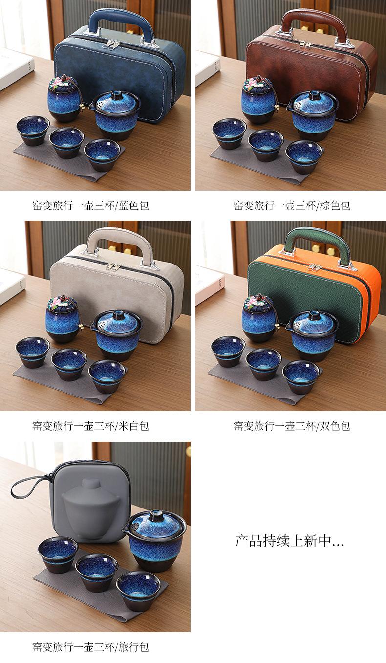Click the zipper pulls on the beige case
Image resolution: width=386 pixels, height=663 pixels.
pos(113,266)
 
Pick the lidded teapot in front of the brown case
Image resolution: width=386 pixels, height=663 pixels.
pos(311,115)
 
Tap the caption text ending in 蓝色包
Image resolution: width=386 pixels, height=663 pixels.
pos(90,205)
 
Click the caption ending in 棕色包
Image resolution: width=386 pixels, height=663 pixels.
pos(292,205)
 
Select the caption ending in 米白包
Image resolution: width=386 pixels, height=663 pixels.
pos(90,426)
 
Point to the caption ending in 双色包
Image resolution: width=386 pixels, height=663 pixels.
pos(292,426)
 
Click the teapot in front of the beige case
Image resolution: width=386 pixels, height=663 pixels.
pos(117,335)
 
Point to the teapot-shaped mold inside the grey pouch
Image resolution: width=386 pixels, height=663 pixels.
pos(90,509)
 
